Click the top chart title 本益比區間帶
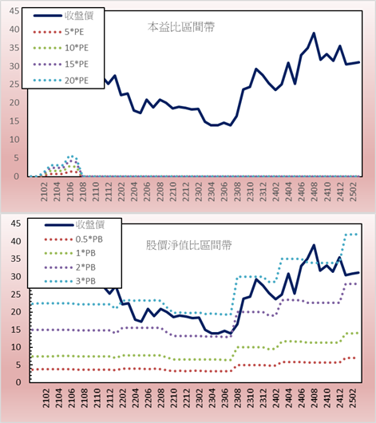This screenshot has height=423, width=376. [181, 27]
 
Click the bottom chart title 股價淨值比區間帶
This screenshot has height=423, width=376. [188, 245]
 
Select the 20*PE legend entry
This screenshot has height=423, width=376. [61, 81]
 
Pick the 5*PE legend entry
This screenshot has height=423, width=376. [58, 32]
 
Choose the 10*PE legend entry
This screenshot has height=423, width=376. [61, 48]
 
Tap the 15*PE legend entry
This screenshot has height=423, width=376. [61, 64]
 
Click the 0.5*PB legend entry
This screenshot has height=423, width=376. [73, 239]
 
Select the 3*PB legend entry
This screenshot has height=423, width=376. [70, 281]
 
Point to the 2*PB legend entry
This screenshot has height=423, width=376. [70, 267]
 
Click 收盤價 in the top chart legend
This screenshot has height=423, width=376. [63, 16]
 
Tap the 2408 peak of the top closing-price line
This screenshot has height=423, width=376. [314, 34]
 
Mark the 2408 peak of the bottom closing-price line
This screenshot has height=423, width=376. [314, 245]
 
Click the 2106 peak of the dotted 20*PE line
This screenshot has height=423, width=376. [72, 156]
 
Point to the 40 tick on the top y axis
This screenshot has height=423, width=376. [14, 30]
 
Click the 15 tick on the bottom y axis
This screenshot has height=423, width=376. [16, 330]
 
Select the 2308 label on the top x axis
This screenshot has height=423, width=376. [237, 192]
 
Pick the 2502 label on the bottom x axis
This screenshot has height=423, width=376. [353, 398]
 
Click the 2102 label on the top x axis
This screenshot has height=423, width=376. [44, 192]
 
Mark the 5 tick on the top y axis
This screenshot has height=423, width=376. [17, 158]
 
